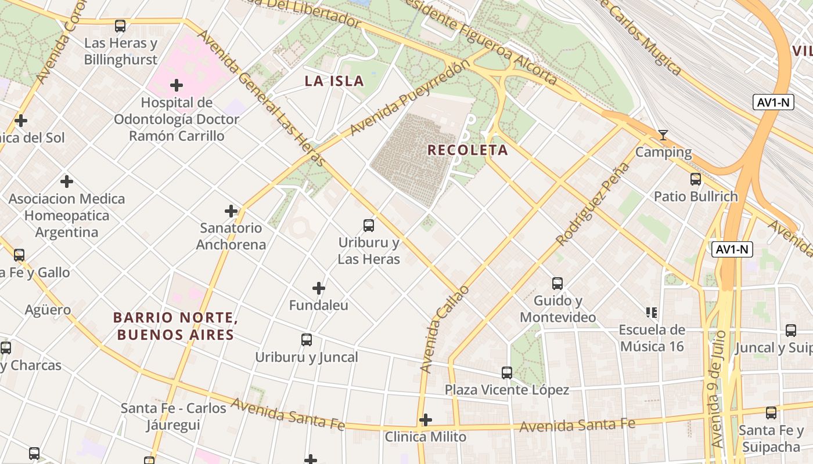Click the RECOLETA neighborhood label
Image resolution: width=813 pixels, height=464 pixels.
pyautogui.click(x=467, y=150)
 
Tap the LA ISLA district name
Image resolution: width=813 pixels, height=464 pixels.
pyautogui.click(x=334, y=81)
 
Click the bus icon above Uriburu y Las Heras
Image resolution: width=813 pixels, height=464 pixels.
pyautogui.click(x=368, y=226)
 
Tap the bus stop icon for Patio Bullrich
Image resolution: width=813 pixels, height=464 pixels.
pyautogui.click(x=695, y=179)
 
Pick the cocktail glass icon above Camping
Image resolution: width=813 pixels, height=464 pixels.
pyautogui.click(x=663, y=135)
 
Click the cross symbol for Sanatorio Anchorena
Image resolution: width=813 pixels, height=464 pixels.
pyautogui.click(x=231, y=211)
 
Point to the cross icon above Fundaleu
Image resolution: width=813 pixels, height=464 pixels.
pyautogui.click(x=318, y=288)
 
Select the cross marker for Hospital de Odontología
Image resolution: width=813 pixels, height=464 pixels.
pyautogui.click(x=177, y=86)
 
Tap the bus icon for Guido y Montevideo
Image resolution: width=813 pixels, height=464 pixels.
pyautogui.click(x=557, y=284)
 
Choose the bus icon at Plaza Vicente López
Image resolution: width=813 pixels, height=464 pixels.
pyautogui.click(x=507, y=373)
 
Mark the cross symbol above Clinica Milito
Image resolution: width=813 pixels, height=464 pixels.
pyautogui.click(x=426, y=420)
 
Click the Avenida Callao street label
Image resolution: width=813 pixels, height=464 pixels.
pyautogui.click(x=443, y=328)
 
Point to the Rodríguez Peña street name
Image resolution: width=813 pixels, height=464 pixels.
pyautogui.click(x=592, y=204)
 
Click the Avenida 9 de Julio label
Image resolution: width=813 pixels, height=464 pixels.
pyautogui.click(x=718, y=389)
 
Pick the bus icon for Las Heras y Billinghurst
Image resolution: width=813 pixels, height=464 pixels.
pyautogui.click(x=120, y=26)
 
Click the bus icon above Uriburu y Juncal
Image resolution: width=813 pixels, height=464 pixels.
pyautogui.click(x=307, y=340)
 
